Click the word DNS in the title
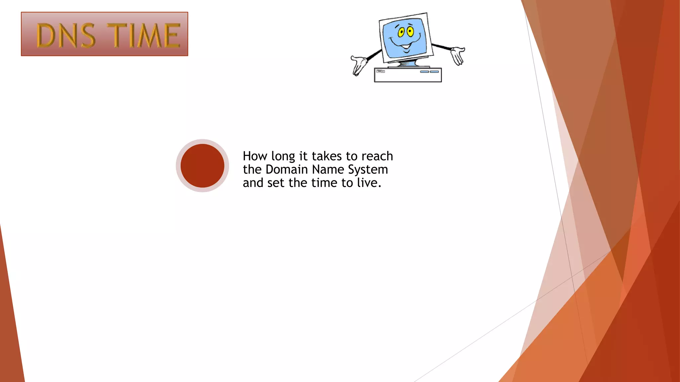[66, 35]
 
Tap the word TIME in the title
[145, 35]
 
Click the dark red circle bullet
[202, 165]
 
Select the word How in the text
[255, 156]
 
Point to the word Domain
[287, 169]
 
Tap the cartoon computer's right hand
[458, 55]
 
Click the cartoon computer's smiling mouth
[405, 45]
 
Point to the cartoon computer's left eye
[401, 32]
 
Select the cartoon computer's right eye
[410, 32]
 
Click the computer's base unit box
[408, 75]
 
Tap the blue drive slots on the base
[429, 72]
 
